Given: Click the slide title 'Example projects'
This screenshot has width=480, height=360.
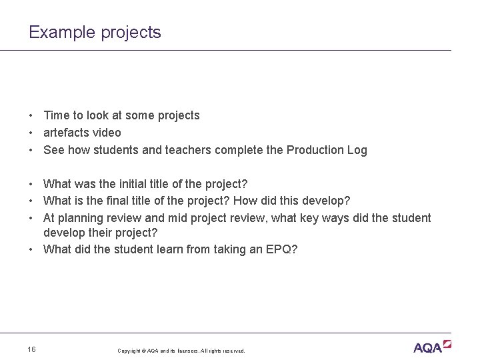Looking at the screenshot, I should [x=95, y=32].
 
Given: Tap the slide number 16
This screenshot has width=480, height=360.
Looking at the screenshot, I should [x=33, y=349].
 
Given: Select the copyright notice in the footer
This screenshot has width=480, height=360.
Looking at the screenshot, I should [x=181, y=351].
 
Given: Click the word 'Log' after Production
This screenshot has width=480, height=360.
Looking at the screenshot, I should [x=357, y=150].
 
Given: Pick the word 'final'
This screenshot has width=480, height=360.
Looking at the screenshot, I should [x=135, y=201].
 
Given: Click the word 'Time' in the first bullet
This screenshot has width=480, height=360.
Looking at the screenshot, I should [x=57, y=115].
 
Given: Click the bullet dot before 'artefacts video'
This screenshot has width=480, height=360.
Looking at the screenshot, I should [x=32, y=133].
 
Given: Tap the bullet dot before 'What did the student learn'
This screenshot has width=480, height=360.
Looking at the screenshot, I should [x=32, y=250].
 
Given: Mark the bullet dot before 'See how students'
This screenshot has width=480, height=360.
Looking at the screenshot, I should [x=32, y=150].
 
